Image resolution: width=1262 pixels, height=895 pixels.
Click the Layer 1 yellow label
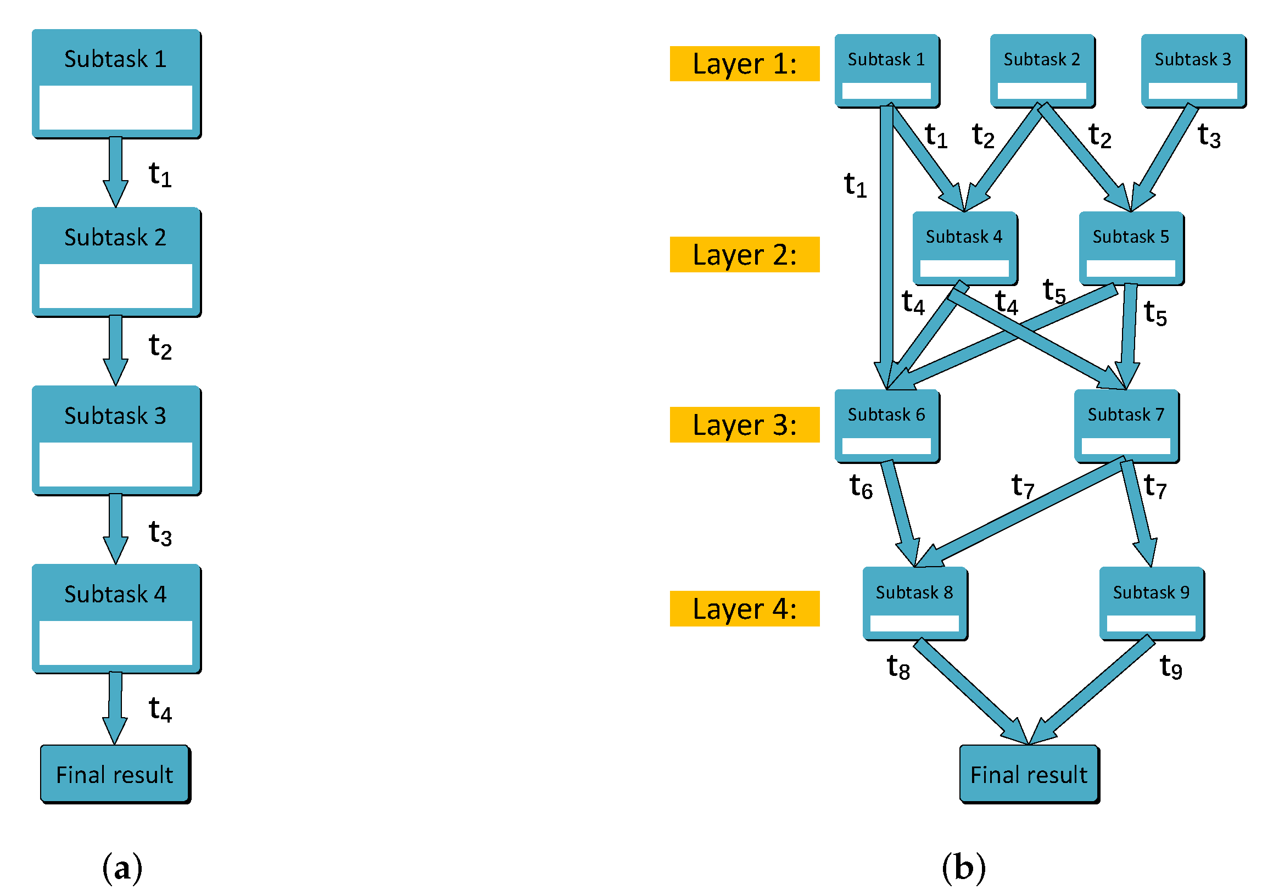(x=745, y=64)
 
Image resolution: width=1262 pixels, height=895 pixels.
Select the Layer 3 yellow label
(x=745, y=425)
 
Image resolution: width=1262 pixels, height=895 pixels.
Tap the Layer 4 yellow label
(x=745, y=609)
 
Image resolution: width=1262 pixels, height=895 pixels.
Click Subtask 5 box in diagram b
(x=1131, y=248)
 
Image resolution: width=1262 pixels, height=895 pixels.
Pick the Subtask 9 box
(x=1152, y=603)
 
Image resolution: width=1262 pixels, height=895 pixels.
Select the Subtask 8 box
(x=915, y=603)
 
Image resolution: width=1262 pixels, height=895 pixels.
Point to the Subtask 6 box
(x=887, y=426)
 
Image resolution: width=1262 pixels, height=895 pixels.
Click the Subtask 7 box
(x=1126, y=426)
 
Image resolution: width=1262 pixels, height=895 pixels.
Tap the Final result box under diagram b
(x=1029, y=774)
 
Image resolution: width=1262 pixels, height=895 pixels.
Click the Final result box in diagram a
(x=115, y=774)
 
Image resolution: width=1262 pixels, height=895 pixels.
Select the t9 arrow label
(x=1170, y=667)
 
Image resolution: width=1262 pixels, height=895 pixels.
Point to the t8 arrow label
(x=898, y=667)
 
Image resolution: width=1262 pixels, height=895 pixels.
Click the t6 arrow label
(x=861, y=486)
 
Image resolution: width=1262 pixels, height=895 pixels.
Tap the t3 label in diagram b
(x=1209, y=136)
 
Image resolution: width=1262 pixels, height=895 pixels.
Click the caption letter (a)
(x=122, y=868)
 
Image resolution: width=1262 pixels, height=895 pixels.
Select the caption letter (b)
(x=964, y=868)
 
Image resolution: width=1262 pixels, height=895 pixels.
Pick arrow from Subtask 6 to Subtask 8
(x=900, y=510)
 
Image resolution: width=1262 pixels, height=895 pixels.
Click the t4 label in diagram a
(x=160, y=709)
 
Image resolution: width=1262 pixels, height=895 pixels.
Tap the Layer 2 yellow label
(x=745, y=255)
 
